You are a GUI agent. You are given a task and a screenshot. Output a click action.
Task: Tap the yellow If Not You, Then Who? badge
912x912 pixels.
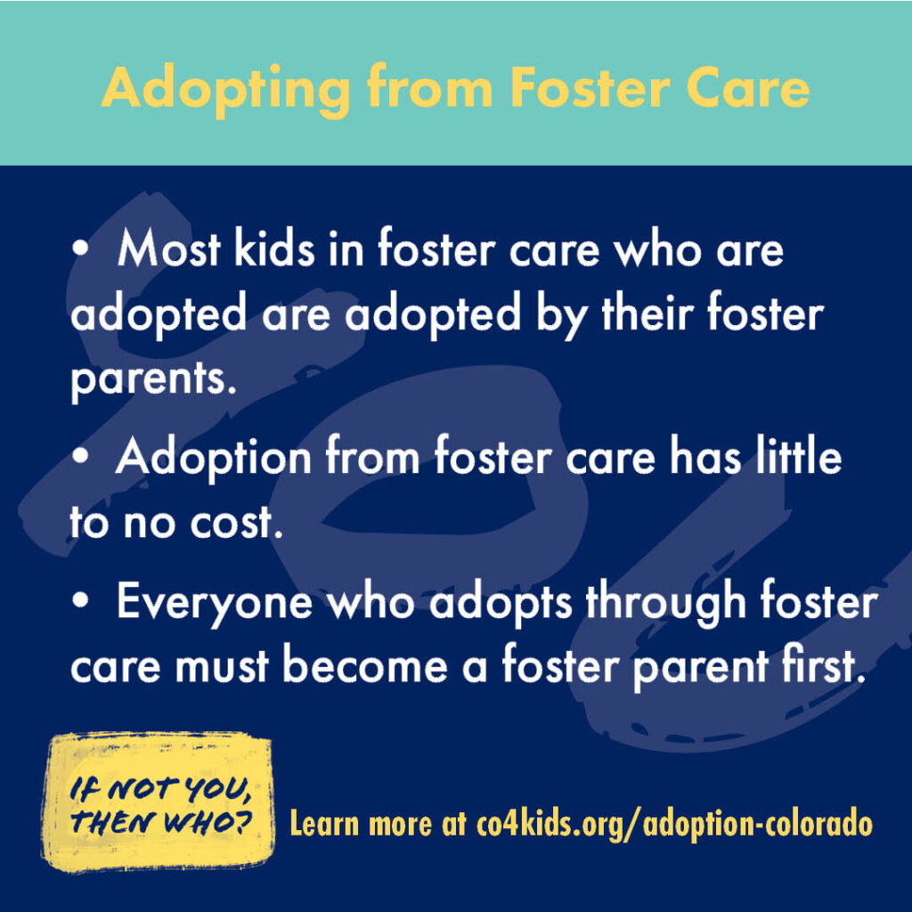(159, 802)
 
